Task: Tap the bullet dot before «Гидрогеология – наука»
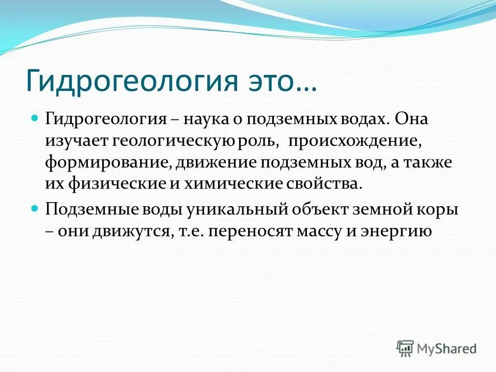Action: [x=35, y=118]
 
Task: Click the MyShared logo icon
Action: [x=406, y=348]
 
